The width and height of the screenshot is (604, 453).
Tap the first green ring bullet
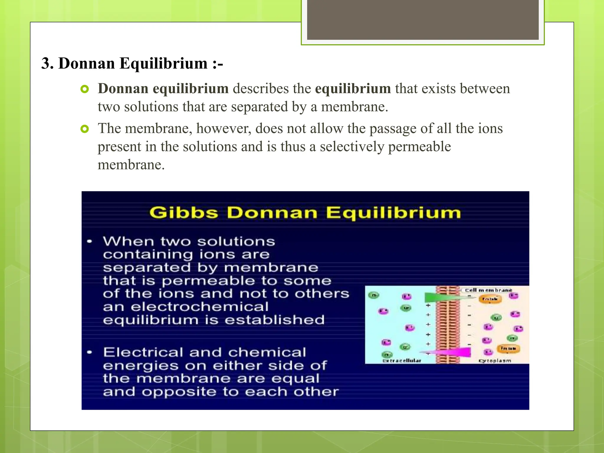(x=85, y=89)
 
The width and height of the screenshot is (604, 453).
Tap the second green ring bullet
(x=85, y=129)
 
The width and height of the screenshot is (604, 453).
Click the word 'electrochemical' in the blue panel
(x=200, y=307)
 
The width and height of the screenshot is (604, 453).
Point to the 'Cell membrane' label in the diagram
(x=488, y=290)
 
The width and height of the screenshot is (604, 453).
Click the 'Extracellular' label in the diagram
(x=402, y=361)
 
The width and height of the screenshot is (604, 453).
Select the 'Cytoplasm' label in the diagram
(x=495, y=361)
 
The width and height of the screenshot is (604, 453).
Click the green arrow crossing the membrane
(x=442, y=297)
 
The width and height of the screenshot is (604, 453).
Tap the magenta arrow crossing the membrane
(x=451, y=352)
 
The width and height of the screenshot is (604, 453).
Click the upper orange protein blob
(x=490, y=299)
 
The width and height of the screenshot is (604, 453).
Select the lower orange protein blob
(x=508, y=349)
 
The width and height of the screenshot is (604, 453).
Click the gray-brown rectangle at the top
(x=423, y=19)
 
